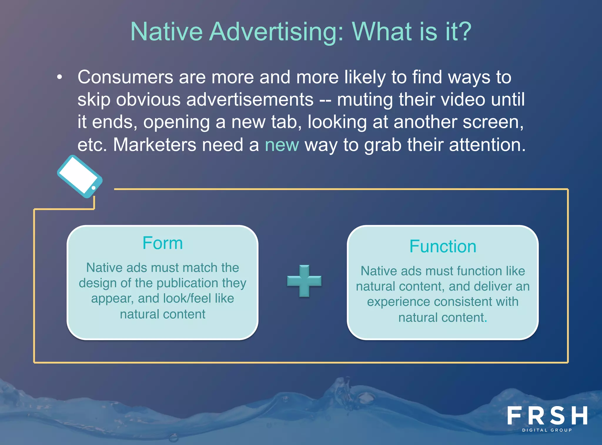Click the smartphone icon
[x=79, y=176]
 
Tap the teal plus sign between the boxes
[x=304, y=281]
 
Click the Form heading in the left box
[x=163, y=243]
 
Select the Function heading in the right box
[x=443, y=246]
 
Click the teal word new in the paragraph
[x=282, y=145]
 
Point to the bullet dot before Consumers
[x=60, y=77]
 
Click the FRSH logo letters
[x=547, y=416]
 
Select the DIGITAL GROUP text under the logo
[x=547, y=430]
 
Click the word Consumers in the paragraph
[x=125, y=77]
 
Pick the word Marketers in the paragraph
[x=154, y=145]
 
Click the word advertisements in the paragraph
[x=250, y=100]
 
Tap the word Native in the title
[x=166, y=32]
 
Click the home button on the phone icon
[x=93, y=188]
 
